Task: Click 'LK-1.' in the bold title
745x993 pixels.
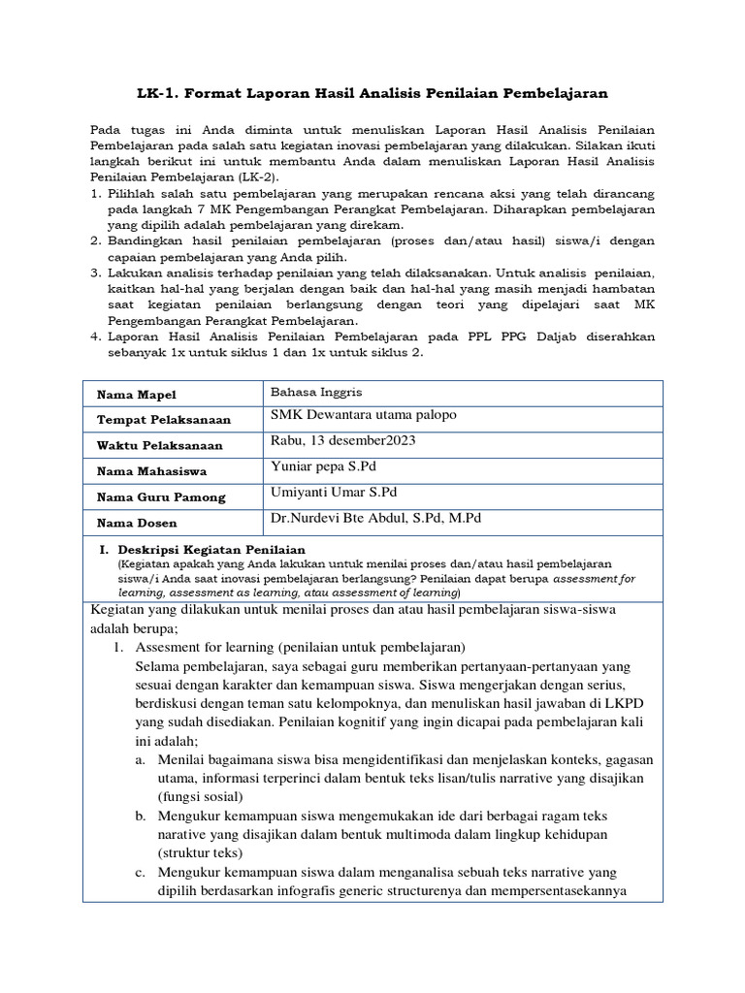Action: [x=157, y=93]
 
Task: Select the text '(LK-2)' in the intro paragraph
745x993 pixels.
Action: [x=256, y=179]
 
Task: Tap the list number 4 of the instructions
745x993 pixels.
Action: [x=95, y=336]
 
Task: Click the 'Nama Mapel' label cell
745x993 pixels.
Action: [x=136, y=395]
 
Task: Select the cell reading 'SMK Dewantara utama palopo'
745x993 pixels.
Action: [x=364, y=415]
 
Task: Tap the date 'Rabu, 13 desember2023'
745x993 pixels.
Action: [x=343, y=440]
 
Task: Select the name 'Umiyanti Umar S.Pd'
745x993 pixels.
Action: [x=334, y=492]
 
